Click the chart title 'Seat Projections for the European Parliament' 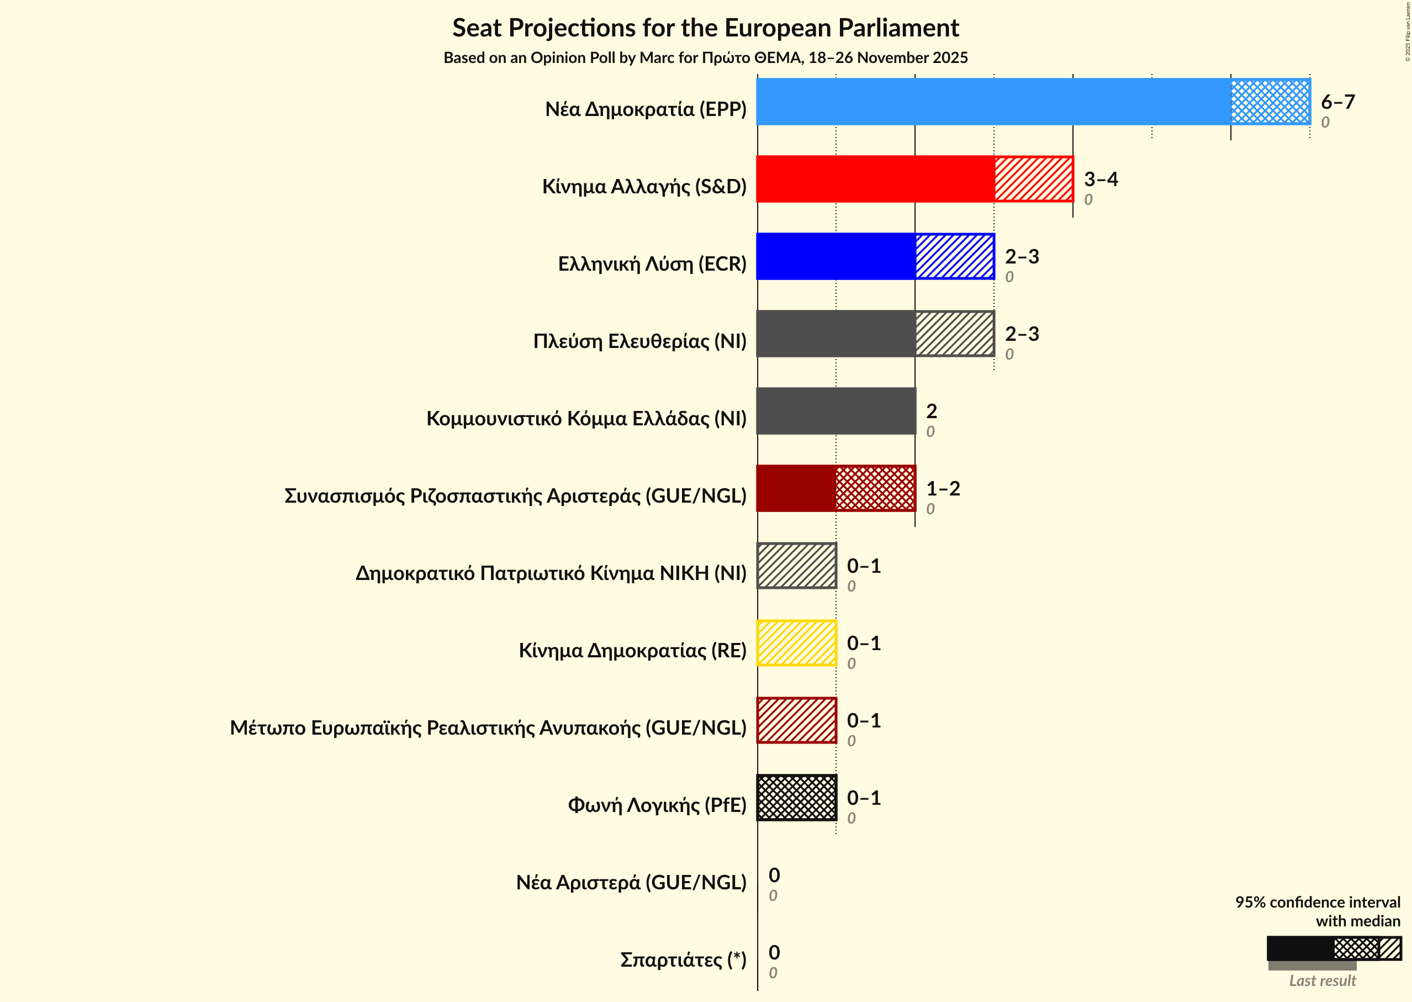(x=706, y=28)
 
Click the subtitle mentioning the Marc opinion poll (x=706, y=58)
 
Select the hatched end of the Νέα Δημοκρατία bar (x=1270, y=102)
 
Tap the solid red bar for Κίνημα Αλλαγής (x=875, y=179)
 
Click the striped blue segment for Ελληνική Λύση (x=954, y=256)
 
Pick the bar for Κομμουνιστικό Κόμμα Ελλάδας (x=836, y=411)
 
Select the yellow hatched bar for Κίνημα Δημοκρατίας (x=796, y=643)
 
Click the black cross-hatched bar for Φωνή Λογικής (x=796, y=798)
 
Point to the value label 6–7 (x=1337, y=102)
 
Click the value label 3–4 (x=1101, y=179)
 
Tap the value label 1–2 (x=943, y=489)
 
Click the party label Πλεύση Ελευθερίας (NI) (x=639, y=341)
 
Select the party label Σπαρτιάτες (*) (x=683, y=960)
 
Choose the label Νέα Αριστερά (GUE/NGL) (x=631, y=883)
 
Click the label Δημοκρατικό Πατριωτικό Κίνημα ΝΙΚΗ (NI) (x=551, y=573)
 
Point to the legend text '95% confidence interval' (x=1317, y=902)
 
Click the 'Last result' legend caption (x=1322, y=981)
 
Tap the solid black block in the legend (x=1300, y=948)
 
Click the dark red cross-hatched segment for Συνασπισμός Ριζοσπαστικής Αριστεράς (x=875, y=489)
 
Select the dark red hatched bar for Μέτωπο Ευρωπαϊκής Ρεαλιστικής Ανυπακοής (x=796, y=721)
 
